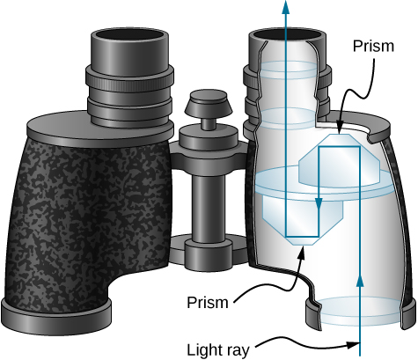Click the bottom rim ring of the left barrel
coord(57,310)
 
